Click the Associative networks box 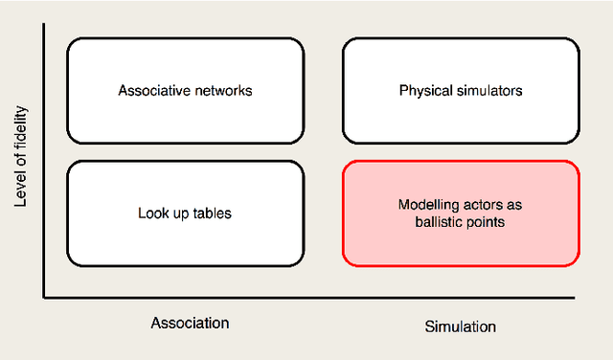[185, 90]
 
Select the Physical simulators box [461, 90]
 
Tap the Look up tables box [185, 213]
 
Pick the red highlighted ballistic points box [461, 213]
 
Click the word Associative [151, 91]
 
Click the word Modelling [427, 204]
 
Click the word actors [484, 204]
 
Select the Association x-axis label [190, 323]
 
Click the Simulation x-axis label [460, 326]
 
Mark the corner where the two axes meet [44, 298]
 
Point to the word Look [152, 213]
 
